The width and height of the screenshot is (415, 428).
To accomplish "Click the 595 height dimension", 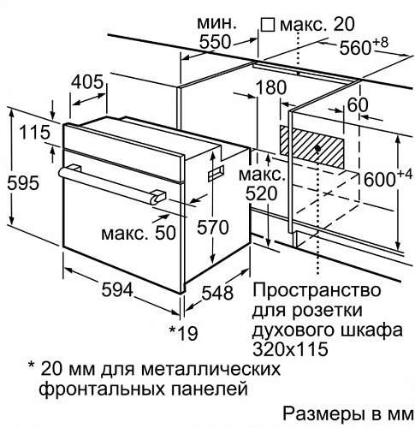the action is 23,182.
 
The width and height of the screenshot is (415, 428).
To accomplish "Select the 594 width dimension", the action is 117,290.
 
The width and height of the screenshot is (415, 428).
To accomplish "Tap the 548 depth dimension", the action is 217,293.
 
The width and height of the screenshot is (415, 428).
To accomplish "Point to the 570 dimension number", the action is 213,228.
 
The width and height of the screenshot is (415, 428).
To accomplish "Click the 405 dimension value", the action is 86,82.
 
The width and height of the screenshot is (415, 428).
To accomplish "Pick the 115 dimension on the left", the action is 35,133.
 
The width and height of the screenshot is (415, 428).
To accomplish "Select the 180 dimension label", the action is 270,87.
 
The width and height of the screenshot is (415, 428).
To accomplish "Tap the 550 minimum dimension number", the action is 215,42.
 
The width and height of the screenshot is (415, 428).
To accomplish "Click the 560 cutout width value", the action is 354,48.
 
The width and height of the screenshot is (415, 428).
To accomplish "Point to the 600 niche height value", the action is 380,180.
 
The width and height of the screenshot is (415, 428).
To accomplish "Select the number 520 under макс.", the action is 261,194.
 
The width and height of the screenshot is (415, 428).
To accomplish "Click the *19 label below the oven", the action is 184,333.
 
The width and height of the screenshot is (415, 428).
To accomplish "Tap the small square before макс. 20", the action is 268,25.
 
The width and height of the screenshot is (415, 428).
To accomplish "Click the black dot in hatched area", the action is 318,148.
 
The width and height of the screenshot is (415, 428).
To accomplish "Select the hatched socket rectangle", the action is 311,147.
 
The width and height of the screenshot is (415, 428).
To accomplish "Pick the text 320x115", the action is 290,348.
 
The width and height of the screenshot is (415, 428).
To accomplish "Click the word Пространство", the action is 317,291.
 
